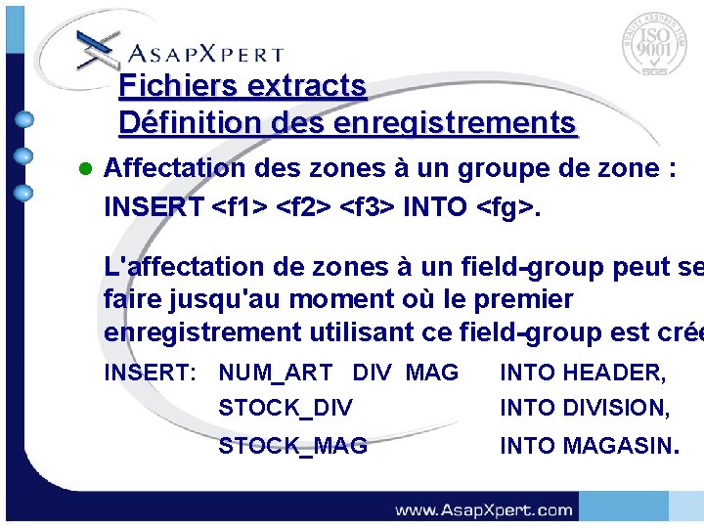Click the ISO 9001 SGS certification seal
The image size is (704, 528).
tap(653, 45)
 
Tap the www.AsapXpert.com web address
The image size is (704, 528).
tap(483, 509)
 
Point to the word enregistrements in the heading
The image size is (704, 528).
tap(455, 124)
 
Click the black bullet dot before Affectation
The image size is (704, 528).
tap(84, 168)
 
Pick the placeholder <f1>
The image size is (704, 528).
tap(239, 207)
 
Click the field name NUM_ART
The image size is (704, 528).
tap(275, 373)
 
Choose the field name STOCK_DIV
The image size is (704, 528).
tap(285, 408)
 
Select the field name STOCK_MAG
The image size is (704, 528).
tap(292, 446)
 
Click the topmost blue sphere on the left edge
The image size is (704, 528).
tap(25, 120)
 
